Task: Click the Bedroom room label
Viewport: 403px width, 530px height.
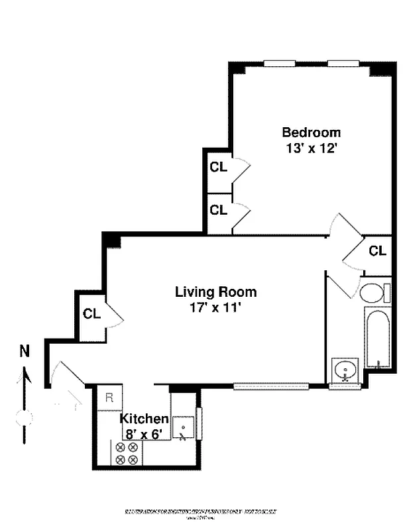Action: coord(311,132)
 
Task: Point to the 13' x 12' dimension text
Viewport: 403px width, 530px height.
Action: coord(312,148)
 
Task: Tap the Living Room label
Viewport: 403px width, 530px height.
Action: coord(215,291)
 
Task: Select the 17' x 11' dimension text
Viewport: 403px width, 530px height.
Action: coord(216,308)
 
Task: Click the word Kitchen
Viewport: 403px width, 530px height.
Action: coord(144,419)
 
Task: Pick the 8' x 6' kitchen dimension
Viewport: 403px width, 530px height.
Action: coord(144,435)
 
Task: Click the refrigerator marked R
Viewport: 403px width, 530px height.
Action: coord(110,398)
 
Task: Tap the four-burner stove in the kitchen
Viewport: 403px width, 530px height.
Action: coord(126,453)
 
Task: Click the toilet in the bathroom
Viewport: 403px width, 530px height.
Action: coord(374,293)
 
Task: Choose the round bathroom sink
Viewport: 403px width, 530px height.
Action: coord(345,370)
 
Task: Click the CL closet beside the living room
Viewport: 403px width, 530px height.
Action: coord(91,314)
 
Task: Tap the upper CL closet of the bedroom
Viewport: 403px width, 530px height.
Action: coord(219,167)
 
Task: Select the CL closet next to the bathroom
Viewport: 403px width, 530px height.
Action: coord(377,251)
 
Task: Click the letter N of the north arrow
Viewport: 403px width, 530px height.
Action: coord(25,352)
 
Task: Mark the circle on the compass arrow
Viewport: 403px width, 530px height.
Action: coord(25,418)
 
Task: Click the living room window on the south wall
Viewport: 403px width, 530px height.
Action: coord(271,386)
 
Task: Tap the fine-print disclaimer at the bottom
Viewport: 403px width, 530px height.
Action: coord(201,512)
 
